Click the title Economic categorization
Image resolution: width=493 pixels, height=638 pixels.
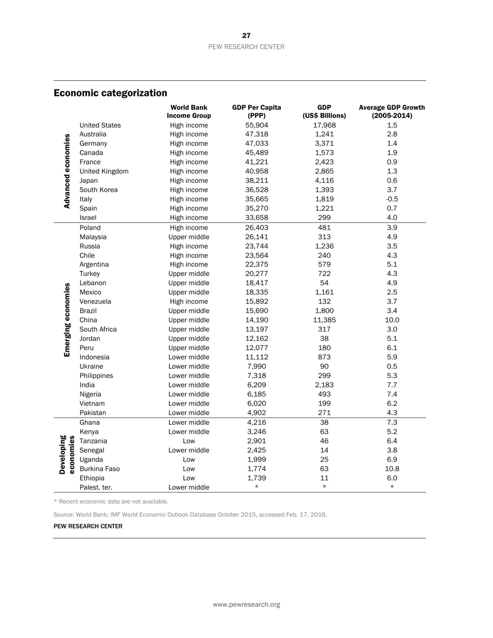pyautogui.click(x=110, y=93)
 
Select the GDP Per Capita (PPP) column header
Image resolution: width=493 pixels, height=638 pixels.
pyautogui.click(x=256, y=112)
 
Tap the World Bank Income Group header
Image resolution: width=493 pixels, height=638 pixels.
pyautogui.click(x=189, y=112)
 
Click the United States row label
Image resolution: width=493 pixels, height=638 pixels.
pyautogui.click(x=100, y=125)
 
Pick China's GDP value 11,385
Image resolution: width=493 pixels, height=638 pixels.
pyautogui.click(x=324, y=320)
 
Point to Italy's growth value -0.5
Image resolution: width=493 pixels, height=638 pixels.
pyautogui.click(x=392, y=199)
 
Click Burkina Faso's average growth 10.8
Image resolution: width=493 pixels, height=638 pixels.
pyautogui.click(x=392, y=469)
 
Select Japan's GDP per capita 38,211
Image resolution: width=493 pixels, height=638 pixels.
pyautogui.click(x=256, y=181)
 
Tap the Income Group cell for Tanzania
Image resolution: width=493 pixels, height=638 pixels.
pyautogui.click(x=189, y=441)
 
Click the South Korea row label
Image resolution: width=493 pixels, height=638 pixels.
pyautogui.click(x=99, y=190)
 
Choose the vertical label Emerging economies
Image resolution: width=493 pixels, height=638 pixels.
pyautogui.click(x=67, y=320)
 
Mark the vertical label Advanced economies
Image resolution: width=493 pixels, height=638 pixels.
pyautogui.click(x=67, y=171)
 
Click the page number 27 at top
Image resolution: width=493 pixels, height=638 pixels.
pyautogui.click(x=246, y=36)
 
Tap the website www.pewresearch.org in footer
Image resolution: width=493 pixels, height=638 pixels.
pyautogui.click(x=246, y=604)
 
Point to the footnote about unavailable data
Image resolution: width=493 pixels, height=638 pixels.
pyautogui.click(x=111, y=502)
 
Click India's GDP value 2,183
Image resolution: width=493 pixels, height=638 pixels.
pyautogui.click(x=324, y=385)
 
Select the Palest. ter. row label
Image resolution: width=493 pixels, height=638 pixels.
pyautogui.click(x=96, y=488)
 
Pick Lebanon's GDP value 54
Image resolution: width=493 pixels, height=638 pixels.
pyautogui.click(x=324, y=283)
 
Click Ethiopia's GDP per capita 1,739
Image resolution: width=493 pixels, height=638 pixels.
pyautogui.click(x=256, y=478)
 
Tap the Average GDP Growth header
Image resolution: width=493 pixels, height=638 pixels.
pyautogui.click(x=392, y=112)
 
